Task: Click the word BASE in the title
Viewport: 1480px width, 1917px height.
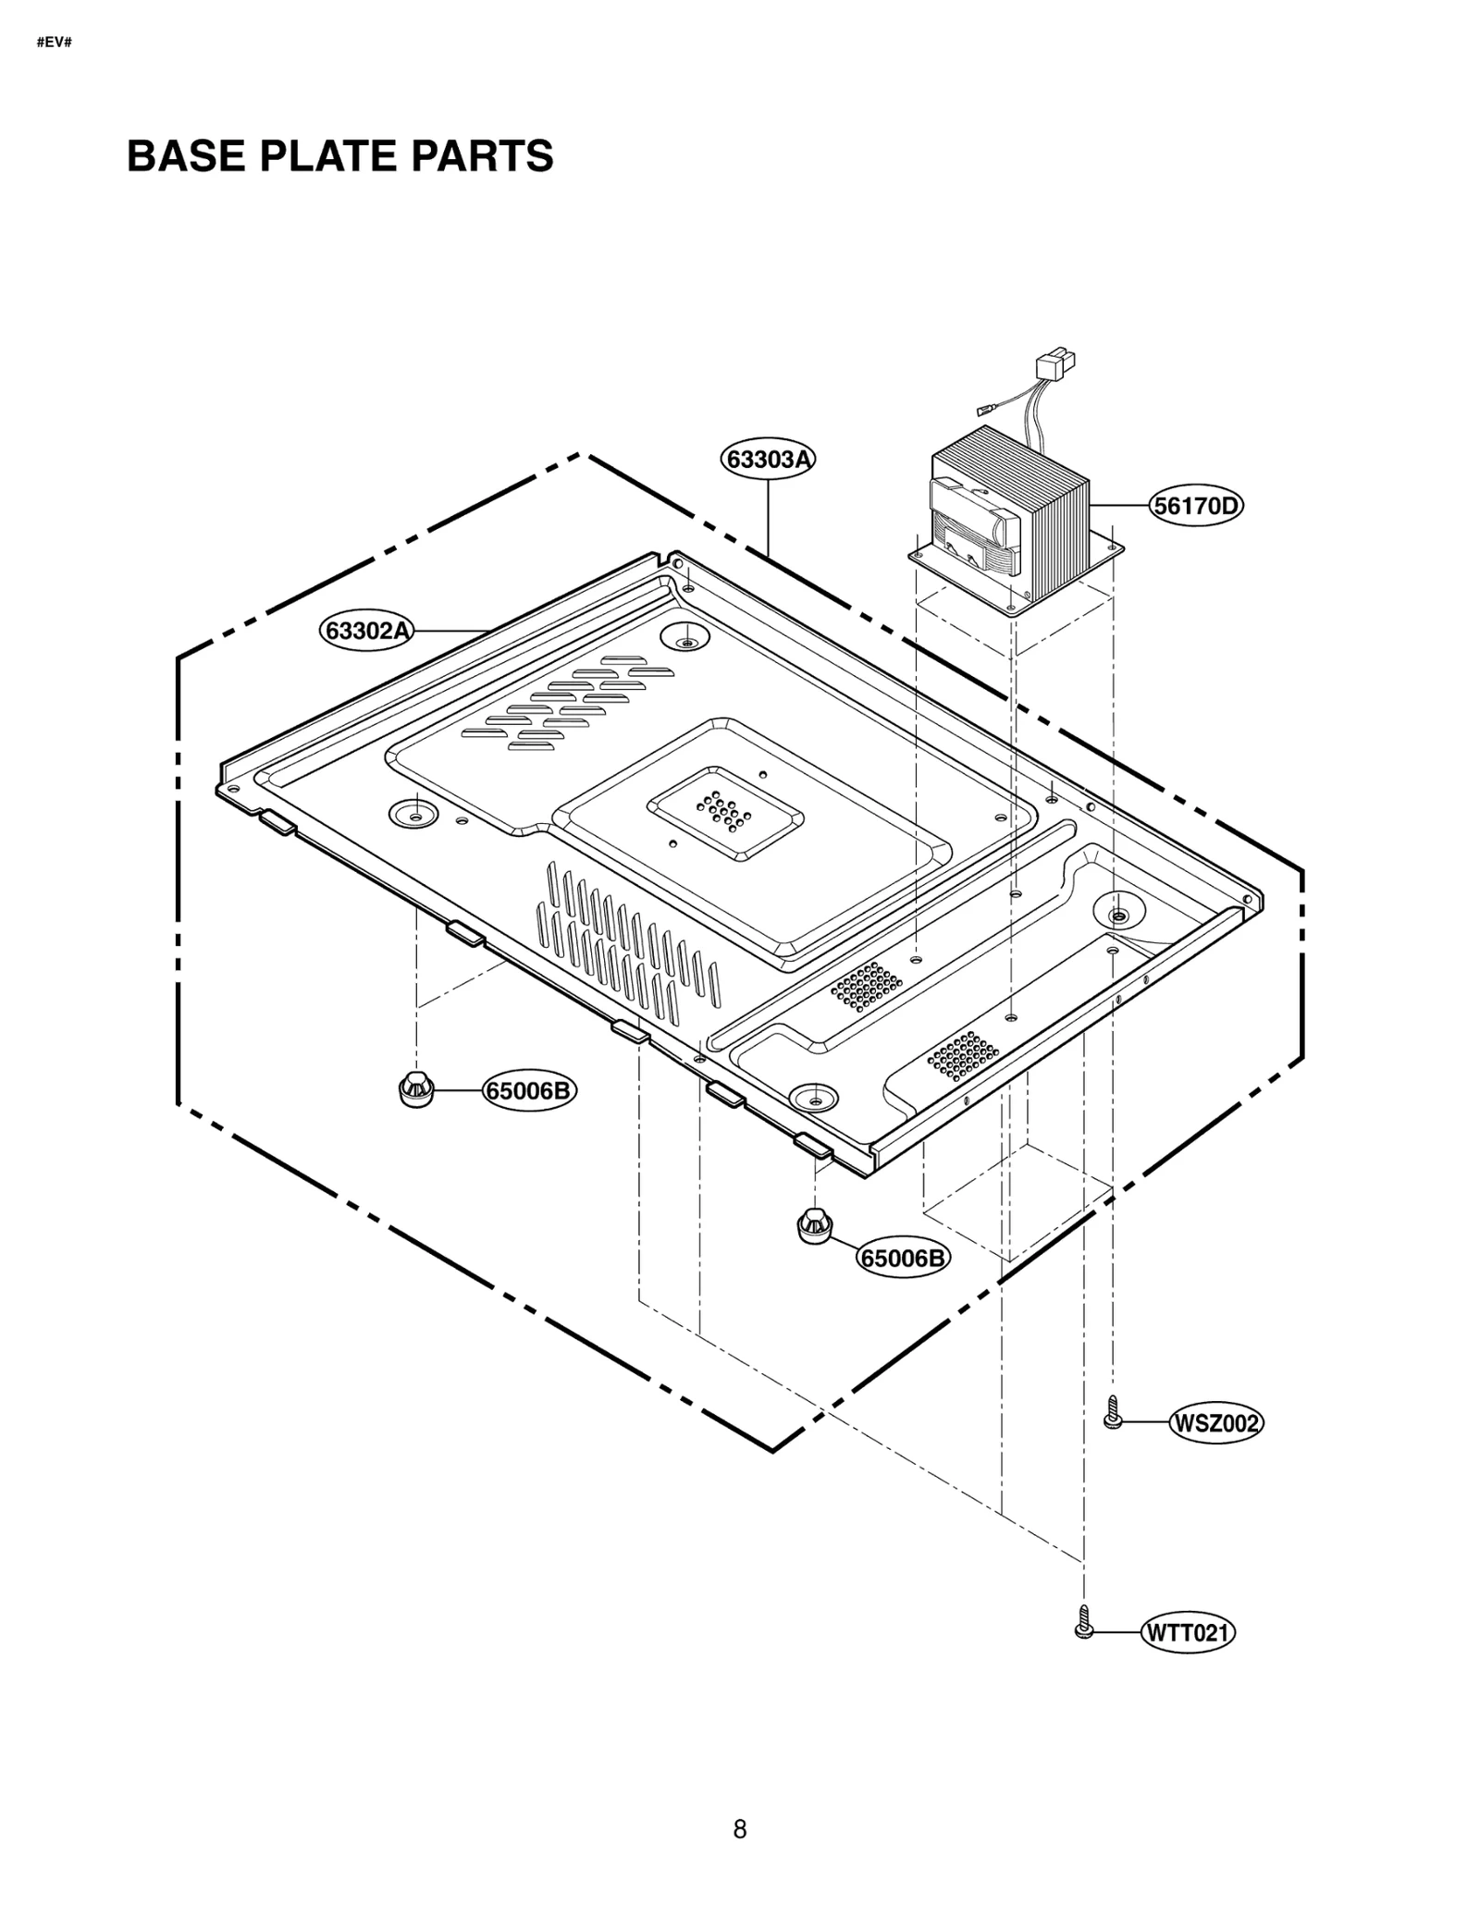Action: (187, 156)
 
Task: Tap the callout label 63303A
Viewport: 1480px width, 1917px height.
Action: (768, 460)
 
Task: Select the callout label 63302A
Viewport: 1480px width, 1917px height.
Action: (367, 632)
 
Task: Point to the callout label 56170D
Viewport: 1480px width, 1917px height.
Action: (1196, 507)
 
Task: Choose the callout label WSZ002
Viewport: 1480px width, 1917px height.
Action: (1216, 1423)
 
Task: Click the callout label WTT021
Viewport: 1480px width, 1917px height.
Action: (1189, 1633)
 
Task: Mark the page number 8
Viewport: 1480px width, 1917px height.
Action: (740, 1829)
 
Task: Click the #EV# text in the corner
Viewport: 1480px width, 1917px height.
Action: (54, 43)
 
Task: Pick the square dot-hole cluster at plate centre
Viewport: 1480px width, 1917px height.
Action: (724, 811)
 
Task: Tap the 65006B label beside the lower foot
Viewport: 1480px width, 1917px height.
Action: (904, 1258)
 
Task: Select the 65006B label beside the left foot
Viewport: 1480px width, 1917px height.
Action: (529, 1091)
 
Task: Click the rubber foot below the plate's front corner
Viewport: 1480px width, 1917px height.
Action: (814, 1225)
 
